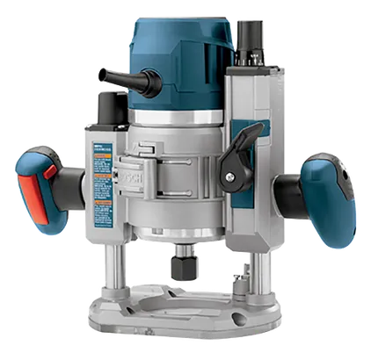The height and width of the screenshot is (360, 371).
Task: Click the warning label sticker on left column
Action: click(x=102, y=176)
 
